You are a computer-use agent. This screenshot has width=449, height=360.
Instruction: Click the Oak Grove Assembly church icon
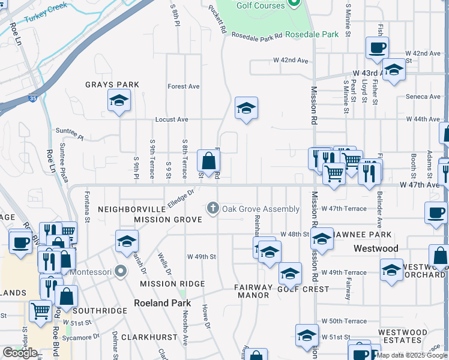(212, 208)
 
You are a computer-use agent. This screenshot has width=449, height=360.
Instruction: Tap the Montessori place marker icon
(121, 272)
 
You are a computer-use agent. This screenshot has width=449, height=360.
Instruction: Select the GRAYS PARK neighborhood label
(112, 85)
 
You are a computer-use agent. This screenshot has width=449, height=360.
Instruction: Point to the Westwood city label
(376, 248)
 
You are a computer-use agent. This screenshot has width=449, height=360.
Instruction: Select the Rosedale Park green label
(312, 34)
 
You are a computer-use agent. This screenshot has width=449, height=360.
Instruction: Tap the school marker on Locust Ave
(246, 109)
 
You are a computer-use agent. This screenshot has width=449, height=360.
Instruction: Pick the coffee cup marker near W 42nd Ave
(378, 48)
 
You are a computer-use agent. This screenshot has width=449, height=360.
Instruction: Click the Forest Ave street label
(184, 86)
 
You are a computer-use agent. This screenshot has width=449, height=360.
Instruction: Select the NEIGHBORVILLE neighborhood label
(131, 209)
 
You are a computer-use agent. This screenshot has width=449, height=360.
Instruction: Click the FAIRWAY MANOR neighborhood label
(253, 291)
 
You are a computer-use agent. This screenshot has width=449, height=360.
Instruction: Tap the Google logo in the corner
(20, 352)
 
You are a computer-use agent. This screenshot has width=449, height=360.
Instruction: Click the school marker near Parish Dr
(127, 241)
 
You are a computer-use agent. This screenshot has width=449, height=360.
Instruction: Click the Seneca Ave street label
(423, 97)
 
